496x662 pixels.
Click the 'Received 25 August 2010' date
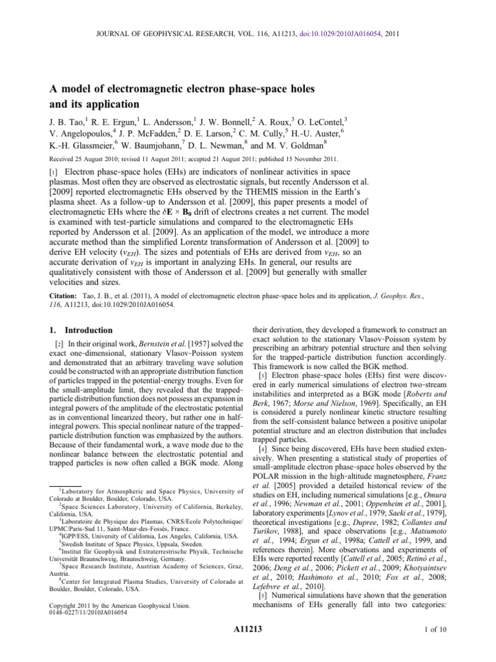click(81, 159)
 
